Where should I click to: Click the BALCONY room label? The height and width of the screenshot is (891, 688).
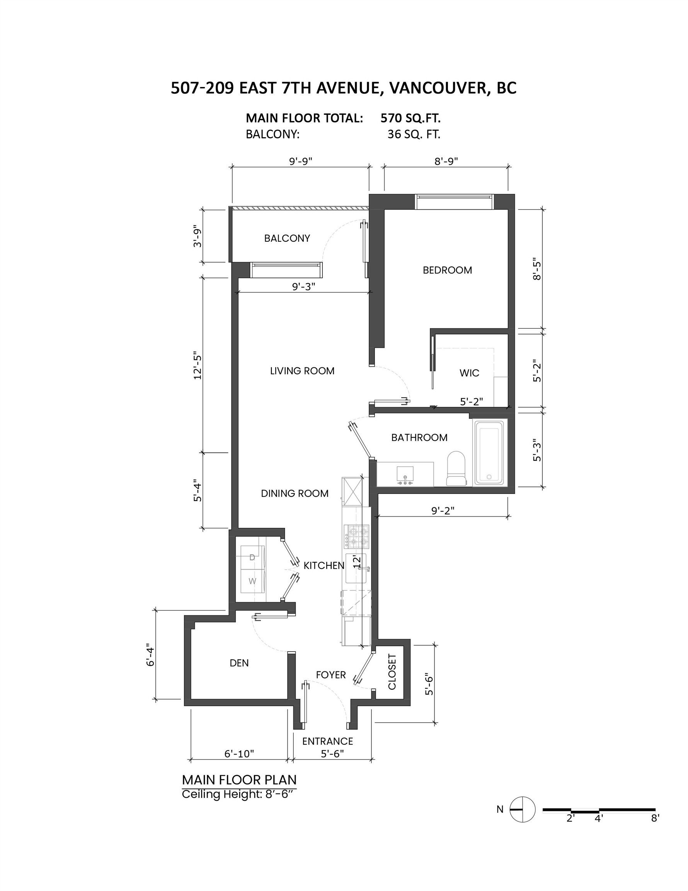[287, 238]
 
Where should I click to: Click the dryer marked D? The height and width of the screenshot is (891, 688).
[252, 557]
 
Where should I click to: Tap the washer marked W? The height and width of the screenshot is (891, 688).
[252, 581]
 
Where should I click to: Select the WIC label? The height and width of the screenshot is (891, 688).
[469, 373]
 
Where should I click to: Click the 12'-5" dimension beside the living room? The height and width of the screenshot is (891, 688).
[198, 365]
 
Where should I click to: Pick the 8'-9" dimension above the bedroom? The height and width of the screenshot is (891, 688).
[446, 161]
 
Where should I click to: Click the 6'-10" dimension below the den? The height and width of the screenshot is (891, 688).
[239, 753]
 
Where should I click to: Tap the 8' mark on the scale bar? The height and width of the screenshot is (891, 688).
[654, 818]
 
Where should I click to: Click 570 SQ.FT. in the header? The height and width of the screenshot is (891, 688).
[410, 118]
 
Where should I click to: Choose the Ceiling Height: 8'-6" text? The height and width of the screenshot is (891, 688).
[237, 794]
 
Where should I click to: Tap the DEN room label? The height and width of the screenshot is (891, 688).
[239, 663]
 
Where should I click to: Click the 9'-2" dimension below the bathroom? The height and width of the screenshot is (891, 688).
[443, 510]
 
